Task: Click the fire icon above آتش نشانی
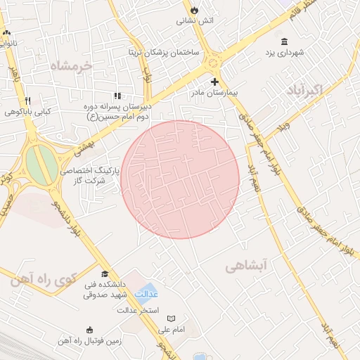(193, 11)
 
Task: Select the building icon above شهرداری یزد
(284, 41)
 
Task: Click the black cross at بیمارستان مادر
(214, 82)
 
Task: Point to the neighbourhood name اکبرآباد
(305, 90)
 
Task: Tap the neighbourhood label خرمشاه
(71, 66)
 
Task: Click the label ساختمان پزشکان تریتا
(163, 53)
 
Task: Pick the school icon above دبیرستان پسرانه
(117, 96)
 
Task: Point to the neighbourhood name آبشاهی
(247, 266)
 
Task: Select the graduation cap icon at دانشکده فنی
(105, 274)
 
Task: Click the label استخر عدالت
(139, 310)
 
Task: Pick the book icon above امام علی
(171, 319)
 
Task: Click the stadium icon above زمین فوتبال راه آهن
(89, 330)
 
